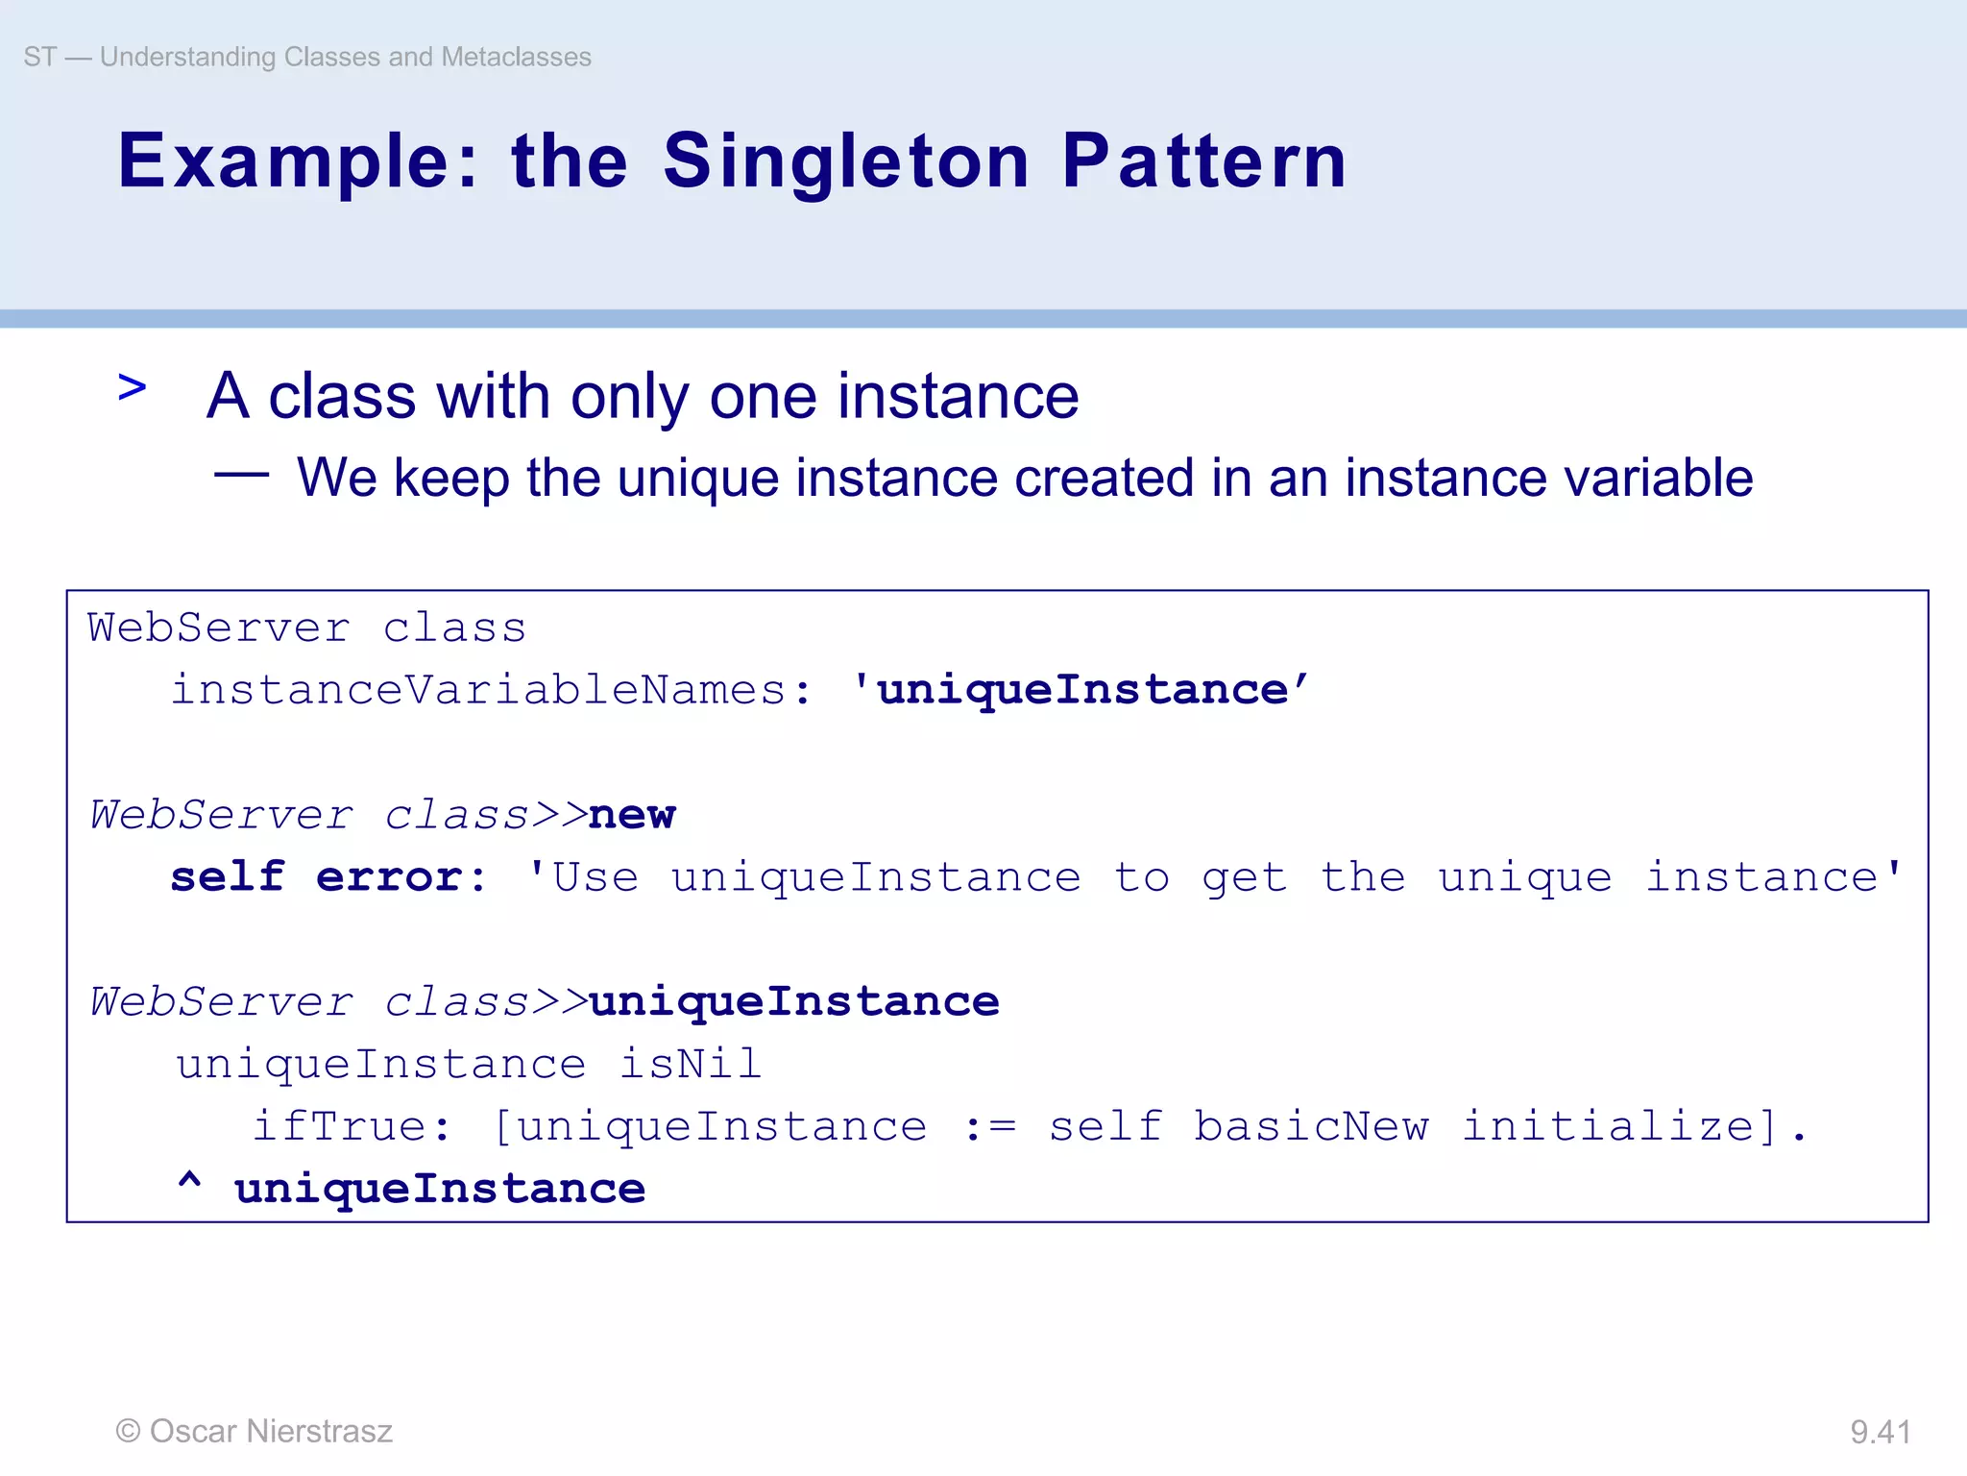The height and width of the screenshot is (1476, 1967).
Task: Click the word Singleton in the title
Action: click(845, 161)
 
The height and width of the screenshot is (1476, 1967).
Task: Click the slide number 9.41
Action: click(1880, 1432)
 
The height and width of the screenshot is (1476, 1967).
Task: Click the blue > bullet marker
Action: click(132, 388)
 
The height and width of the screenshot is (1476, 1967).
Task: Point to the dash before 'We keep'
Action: click(241, 474)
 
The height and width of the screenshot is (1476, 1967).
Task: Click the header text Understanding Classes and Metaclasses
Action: click(345, 57)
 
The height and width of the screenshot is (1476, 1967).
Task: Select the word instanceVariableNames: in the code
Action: click(491, 690)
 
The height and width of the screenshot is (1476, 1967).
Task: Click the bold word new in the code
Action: click(632, 815)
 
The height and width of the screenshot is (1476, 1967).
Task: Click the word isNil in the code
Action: click(691, 1064)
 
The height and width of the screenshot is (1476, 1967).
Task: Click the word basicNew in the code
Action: click(1310, 1126)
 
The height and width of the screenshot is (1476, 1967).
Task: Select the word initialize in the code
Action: click(1607, 1126)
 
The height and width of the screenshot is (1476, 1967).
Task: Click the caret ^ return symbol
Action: click(189, 1182)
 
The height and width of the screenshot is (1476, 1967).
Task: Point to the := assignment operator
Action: click(988, 1127)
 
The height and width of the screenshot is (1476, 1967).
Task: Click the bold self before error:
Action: click(227, 877)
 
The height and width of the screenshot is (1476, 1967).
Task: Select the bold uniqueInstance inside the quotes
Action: click(1082, 690)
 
